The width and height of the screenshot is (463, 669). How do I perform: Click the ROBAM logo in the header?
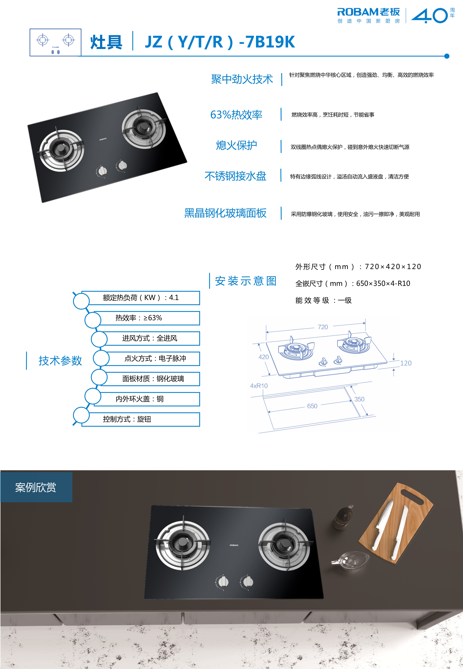click(368, 15)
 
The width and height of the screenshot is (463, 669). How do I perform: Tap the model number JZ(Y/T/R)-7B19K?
click(220, 42)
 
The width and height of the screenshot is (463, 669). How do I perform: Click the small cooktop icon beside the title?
click(55, 42)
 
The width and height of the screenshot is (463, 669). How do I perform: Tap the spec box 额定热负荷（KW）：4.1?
click(141, 298)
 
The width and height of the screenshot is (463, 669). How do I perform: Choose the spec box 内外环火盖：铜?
click(146, 399)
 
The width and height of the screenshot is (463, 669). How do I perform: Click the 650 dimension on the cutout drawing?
click(312, 406)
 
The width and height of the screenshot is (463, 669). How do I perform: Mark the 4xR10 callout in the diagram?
click(259, 386)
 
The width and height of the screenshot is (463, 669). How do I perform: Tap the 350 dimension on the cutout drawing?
click(359, 399)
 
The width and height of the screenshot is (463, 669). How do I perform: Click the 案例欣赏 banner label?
click(36, 487)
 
